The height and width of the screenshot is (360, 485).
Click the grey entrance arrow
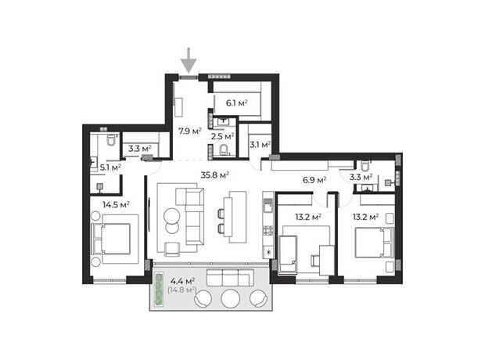189,61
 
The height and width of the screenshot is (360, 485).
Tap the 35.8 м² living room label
214,175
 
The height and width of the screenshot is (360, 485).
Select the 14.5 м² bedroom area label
116,204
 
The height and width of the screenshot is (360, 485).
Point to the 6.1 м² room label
236,103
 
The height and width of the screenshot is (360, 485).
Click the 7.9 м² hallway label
189,131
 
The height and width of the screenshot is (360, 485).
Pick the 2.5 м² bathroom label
222,136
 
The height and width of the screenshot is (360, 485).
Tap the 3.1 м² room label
260,145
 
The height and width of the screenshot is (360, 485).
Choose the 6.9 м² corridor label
314,180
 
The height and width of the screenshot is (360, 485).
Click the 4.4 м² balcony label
182,282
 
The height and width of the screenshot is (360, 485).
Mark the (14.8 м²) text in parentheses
181,290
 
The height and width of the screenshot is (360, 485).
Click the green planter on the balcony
159,290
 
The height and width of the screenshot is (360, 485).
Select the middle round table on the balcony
231,298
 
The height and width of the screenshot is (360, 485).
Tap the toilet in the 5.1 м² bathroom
111,140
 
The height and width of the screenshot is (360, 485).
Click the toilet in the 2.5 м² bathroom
223,150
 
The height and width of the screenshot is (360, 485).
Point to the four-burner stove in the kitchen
268,231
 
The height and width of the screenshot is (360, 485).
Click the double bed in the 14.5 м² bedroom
110,239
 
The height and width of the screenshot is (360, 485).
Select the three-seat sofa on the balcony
230,277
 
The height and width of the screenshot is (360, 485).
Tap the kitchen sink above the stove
268,206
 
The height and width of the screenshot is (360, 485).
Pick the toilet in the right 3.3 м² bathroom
365,167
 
